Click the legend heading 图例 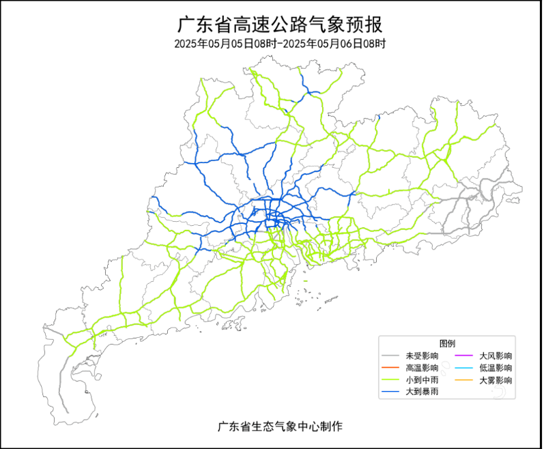click(x=447, y=343)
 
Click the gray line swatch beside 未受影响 click(x=390, y=356)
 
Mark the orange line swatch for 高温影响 click(x=390, y=368)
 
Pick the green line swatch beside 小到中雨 click(x=390, y=380)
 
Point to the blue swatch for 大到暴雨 click(x=390, y=392)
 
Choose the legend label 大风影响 click(x=495, y=356)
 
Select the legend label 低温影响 click(x=495, y=368)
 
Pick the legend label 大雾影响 click(x=495, y=380)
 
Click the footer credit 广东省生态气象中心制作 click(x=280, y=426)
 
